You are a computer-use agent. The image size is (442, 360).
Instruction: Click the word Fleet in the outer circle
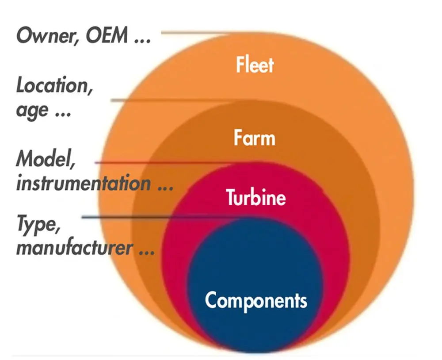255,65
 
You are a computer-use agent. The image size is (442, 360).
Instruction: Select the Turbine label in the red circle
256,197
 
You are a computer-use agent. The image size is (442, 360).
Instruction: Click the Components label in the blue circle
256,301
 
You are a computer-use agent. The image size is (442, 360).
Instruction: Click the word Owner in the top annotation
45,35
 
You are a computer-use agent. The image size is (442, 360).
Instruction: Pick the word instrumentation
83,183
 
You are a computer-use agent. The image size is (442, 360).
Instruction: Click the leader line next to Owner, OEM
194,33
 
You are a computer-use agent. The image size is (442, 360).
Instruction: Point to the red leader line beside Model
164,163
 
